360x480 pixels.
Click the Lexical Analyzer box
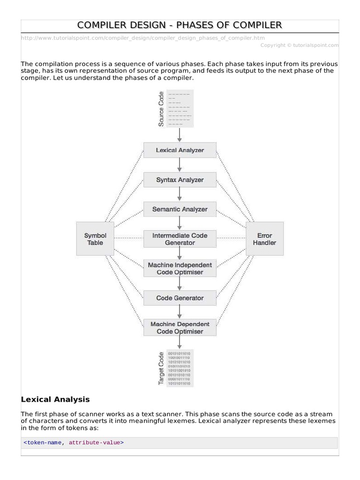click(x=180, y=150)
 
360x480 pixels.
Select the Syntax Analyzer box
click(x=180, y=180)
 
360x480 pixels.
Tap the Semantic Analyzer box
click(x=180, y=210)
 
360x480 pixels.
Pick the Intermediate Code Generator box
click(x=180, y=239)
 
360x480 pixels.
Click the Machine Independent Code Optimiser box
click(x=180, y=269)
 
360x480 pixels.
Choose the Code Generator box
click(x=180, y=298)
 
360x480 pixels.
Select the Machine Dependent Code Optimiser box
click(x=180, y=328)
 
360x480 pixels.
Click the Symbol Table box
click(x=95, y=239)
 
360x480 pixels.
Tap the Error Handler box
click(x=264, y=239)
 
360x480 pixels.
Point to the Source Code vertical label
click(x=161, y=109)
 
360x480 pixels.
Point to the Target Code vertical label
click(x=161, y=368)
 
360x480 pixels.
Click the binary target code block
click(x=180, y=368)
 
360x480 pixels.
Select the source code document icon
click(x=180, y=109)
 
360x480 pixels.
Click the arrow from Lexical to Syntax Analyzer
click(x=180, y=165)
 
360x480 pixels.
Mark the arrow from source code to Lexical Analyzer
click(x=180, y=135)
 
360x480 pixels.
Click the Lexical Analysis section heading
click(x=55, y=400)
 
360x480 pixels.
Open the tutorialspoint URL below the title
click(x=145, y=38)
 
